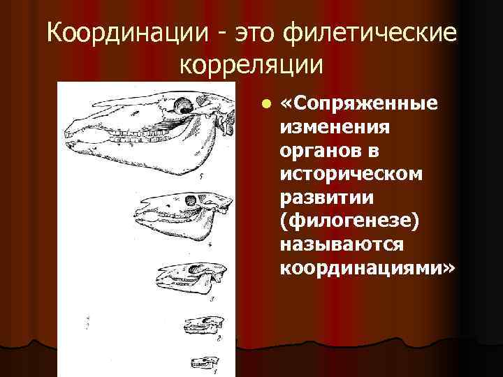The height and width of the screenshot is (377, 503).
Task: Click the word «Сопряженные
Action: pos(358,104)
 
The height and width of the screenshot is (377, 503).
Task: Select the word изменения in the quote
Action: pos(335,127)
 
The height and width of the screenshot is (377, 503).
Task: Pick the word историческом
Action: pos(351,174)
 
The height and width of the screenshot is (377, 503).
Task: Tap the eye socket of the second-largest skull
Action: pos(190,200)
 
